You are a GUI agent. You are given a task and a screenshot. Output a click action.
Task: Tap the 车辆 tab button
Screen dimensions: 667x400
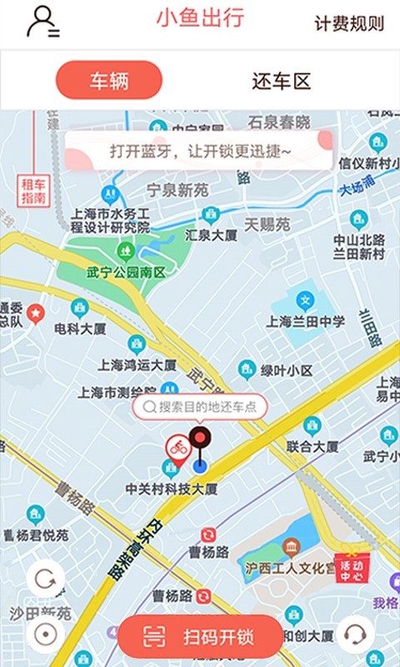[108, 81]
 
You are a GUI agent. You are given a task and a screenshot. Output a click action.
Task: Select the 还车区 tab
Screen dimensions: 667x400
[281, 81]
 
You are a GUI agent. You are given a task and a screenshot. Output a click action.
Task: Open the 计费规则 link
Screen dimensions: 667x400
[349, 23]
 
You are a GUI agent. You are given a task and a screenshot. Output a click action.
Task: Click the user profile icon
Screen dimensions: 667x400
[42, 22]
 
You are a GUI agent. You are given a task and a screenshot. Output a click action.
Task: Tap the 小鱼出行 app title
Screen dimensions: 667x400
[200, 18]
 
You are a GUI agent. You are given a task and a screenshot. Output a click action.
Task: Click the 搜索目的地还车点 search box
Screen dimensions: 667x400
[200, 407]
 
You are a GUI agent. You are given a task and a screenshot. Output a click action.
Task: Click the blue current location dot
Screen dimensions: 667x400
[199, 465]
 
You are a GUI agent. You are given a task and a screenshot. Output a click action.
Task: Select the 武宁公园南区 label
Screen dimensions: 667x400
[126, 272]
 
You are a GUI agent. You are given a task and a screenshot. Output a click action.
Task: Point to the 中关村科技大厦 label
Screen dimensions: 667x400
[172, 489]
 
